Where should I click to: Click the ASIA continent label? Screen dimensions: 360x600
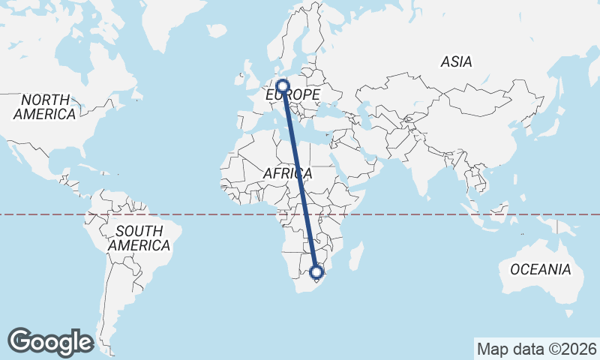coord(456,62)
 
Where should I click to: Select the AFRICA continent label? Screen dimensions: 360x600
coord(287,174)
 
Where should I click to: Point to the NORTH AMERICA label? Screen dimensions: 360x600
coord(45,107)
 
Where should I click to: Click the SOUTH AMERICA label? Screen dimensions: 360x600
coord(139,238)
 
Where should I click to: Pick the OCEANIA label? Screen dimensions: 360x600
coord(540,269)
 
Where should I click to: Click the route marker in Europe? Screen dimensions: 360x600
coord(283,86)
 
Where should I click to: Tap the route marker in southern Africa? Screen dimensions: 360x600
coord(316,271)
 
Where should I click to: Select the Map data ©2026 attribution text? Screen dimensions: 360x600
coord(536,349)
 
